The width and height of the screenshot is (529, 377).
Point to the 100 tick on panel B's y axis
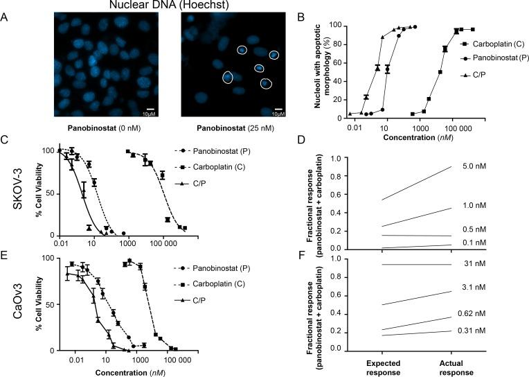point(334,25)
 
